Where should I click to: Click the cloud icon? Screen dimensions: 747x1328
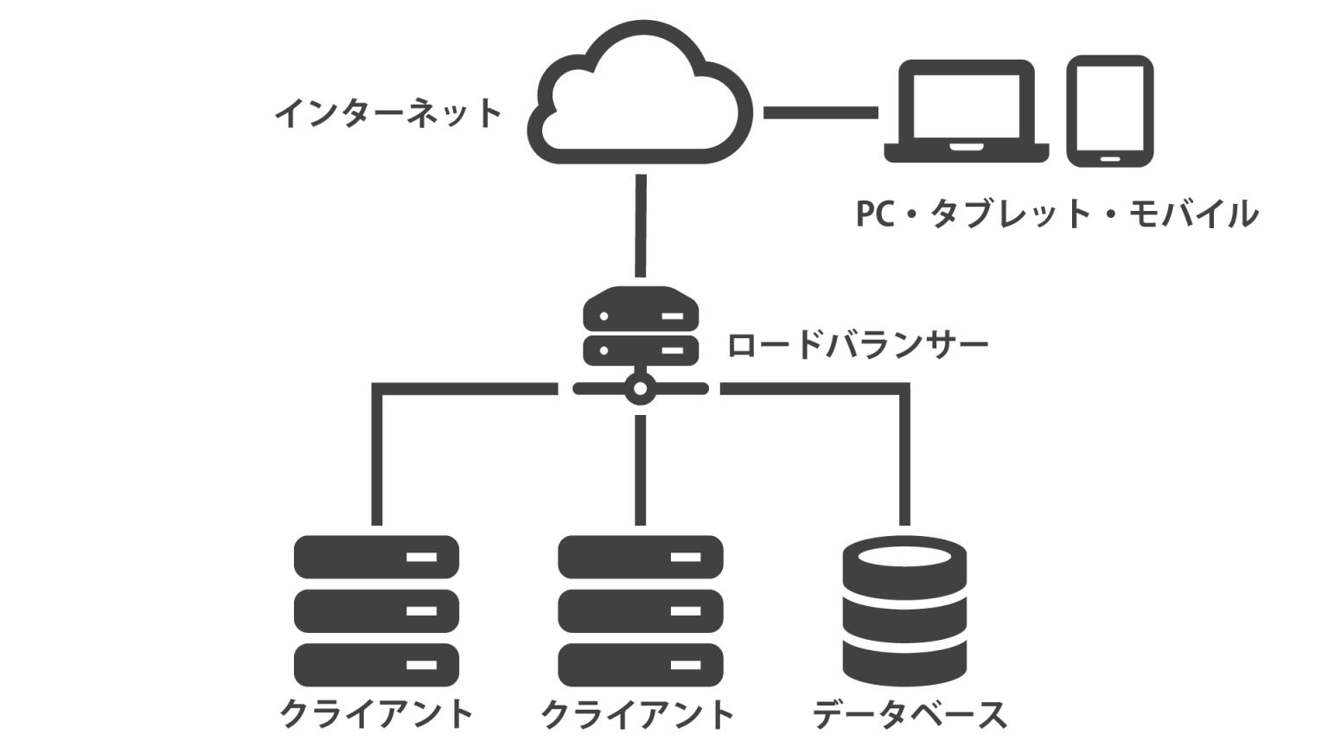click(640, 99)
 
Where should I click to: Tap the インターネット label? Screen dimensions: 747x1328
click(387, 112)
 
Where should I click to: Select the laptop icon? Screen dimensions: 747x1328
click(967, 111)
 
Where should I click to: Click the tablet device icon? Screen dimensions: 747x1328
click(1110, 111)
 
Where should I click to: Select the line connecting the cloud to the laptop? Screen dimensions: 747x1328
click(820, 112)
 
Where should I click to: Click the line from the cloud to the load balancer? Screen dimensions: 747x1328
click(641, 225)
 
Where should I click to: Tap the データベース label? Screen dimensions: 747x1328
click(910, 715)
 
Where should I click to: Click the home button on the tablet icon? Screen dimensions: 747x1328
click(1110, 159)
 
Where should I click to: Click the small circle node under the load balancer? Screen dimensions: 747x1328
click(640, 389)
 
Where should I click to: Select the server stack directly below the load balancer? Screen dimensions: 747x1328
click(640, 610)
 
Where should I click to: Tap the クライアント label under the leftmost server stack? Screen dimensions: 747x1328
click(376, 715)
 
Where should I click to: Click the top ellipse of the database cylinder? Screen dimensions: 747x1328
click(904, 553)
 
